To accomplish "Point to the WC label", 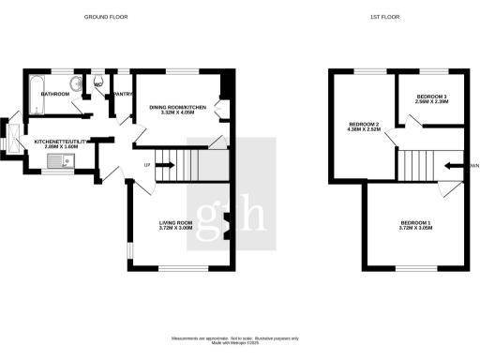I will pyautogui.click(x=98, y=83).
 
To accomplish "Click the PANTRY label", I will pyautogui.click(x=122, y=94).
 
